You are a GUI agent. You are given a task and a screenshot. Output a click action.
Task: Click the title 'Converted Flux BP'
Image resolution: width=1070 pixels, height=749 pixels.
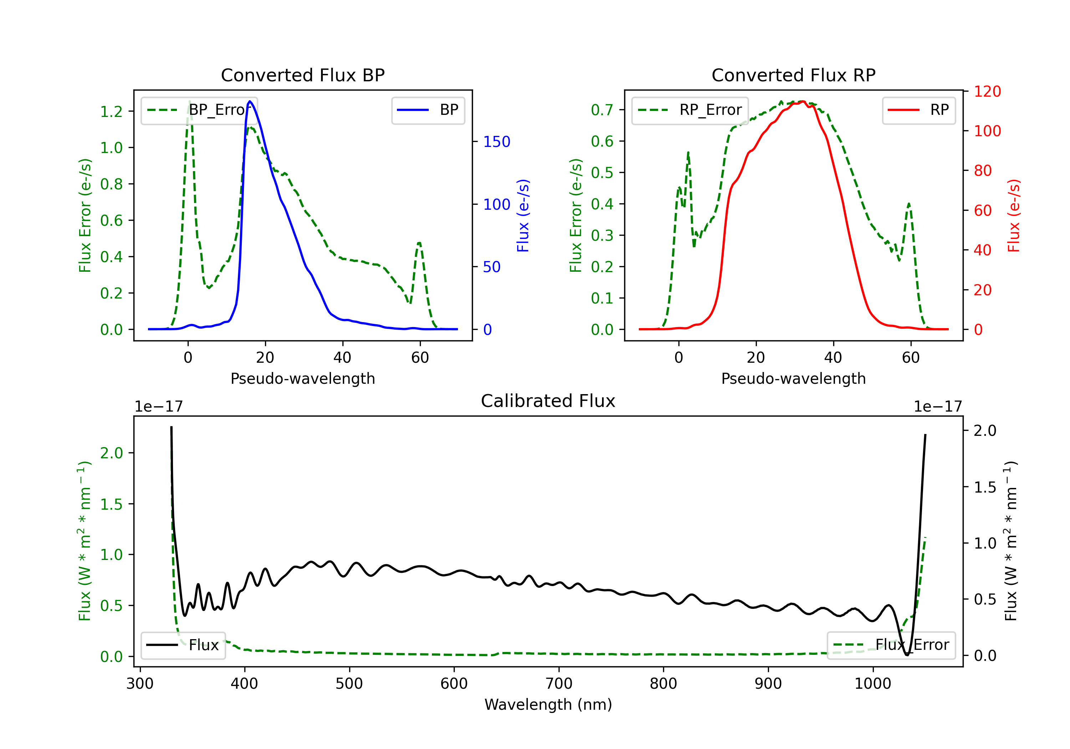[302, 75]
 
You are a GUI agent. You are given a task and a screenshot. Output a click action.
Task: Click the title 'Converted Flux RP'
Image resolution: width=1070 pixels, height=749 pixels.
[793, 75]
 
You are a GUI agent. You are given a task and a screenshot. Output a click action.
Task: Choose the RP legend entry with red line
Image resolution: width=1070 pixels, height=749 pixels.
[918, 110]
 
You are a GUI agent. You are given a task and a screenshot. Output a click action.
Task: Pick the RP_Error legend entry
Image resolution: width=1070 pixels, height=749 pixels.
[690, 110]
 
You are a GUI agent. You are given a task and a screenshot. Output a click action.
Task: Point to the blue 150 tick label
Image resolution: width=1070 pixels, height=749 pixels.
[496, 142]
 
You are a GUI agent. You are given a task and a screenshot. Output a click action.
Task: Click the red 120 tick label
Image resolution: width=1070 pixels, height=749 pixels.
[987, 91]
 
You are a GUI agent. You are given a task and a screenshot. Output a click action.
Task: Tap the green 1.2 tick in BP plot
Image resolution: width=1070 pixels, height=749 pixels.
[111, 111]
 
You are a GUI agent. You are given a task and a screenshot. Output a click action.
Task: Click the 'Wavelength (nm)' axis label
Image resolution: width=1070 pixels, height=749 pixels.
[548, 704]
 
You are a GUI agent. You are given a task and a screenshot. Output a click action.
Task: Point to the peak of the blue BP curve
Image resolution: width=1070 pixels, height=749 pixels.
[250, 101]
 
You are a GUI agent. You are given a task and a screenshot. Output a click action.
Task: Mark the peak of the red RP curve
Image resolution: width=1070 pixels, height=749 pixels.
[802, 101]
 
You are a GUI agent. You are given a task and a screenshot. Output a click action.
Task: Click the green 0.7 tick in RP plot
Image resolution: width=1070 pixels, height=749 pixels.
[602, 110]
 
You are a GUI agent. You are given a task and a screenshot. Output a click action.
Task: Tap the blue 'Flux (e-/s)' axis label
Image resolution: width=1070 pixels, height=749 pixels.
[523, 215]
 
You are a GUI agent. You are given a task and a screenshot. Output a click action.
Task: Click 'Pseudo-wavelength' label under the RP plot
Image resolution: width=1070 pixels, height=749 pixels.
[793, 378]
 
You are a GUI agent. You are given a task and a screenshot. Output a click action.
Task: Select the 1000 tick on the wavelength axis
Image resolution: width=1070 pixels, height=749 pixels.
[872, 684]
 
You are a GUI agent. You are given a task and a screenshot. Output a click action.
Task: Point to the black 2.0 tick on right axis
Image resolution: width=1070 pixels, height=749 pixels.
[985, 430]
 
